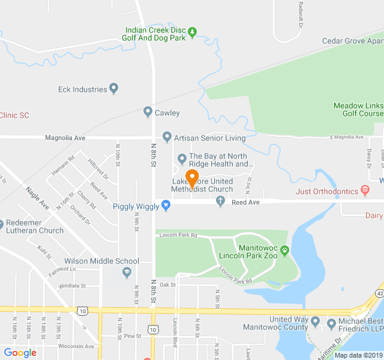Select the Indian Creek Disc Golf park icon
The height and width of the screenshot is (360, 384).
tap(192, 32)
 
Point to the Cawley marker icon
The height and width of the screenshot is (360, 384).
tap(148, 112)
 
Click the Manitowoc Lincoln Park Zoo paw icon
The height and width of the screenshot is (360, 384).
tap(284, 249)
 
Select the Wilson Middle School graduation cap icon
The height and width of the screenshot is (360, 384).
tap(127, 273)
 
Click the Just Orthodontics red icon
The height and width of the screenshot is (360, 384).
tap(365, 191)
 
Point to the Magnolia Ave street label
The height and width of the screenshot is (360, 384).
tap(65, 138)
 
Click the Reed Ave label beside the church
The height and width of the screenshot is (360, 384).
tap(245, 203)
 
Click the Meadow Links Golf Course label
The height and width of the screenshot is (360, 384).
tap(358, 109)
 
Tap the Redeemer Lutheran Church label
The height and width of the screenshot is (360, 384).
tap(34, 226)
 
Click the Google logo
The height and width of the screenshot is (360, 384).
tap(20, 353)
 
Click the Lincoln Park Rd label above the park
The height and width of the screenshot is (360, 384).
tap(178, 235)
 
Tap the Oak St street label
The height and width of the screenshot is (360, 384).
tap(167, 285)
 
